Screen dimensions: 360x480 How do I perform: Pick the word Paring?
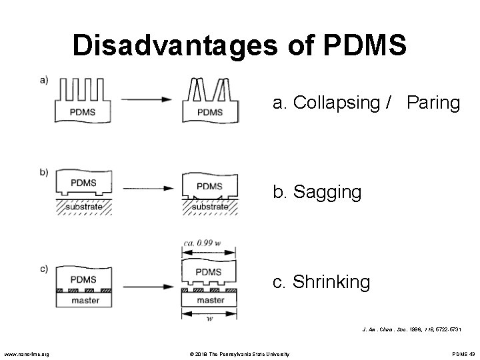click(x=433, y=103)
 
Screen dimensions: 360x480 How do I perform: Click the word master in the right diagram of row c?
click(x=211, y=301)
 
